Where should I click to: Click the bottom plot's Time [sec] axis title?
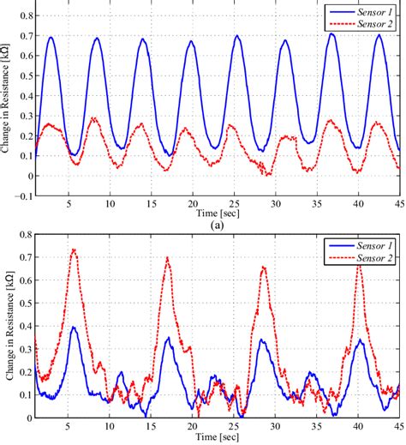pos(216,436)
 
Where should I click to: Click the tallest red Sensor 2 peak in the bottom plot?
pos(74,250)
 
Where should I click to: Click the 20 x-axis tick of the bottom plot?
pos(193,426)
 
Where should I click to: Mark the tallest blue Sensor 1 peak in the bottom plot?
pos(75,327)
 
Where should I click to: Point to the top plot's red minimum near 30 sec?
pos(269,175)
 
